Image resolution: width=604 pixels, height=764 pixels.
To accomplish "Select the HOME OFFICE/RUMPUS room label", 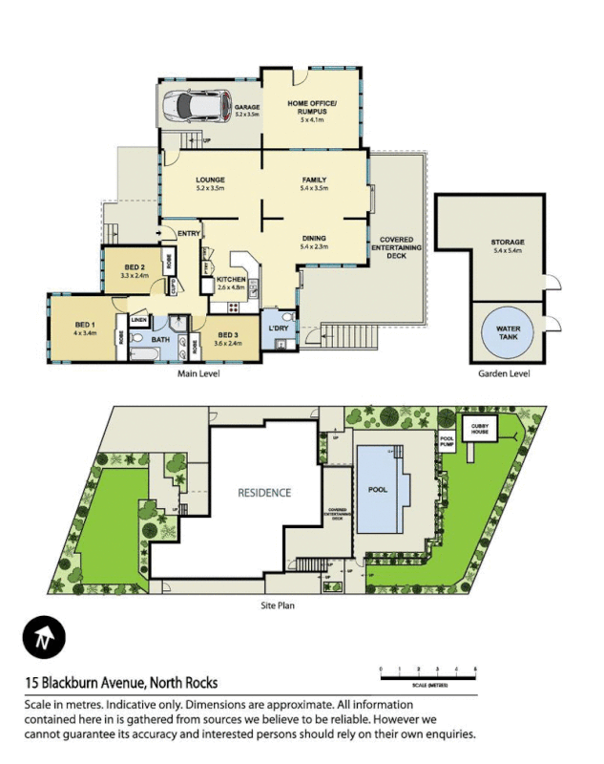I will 312,111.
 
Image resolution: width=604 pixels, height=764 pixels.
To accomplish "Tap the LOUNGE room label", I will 210,180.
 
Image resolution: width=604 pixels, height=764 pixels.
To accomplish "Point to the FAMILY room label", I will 314,180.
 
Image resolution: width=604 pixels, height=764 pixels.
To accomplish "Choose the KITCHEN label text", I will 233,280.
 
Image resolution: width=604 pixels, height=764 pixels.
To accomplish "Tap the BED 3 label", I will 227,335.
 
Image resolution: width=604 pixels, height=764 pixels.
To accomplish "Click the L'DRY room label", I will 278,329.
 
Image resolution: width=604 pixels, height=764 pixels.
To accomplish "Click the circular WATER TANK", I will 508,331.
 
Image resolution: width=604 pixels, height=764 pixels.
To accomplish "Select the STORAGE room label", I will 508,243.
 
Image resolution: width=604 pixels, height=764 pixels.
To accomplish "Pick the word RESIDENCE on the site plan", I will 264,493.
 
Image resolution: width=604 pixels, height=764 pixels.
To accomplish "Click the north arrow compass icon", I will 44,636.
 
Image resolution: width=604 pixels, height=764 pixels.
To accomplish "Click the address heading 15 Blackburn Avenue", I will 121,683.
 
